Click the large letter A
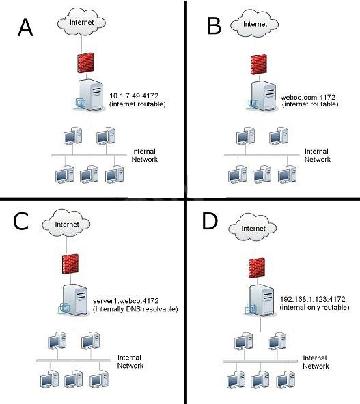pyautogui.click(x=25, y=27)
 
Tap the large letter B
pyautogui.click(x=214, y=26)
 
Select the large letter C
pyautogui.click(x=21, y=221)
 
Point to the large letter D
pyautogui.click(x=210, y=221)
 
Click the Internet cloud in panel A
pyautogui.click(x=81, y=22)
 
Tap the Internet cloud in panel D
pyautogui.click(x=253, y=228)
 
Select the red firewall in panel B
pyautogui.click(x=259, y=64)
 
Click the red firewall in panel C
pyautogui.click(x=70, y=264)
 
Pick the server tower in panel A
pyautogui.click(x=89, y=96)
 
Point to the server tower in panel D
pyautogui.click(x=260, y=300)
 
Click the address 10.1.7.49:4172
pyautogui.click(x=134, y=96)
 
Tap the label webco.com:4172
pyautogui.click(x=308, y=97)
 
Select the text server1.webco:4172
pyautogui.click(x=126, y=301)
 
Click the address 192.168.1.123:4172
pyautogui.click(x=313, y=299)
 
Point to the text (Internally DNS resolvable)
pyautogui.click(x=135, y=309)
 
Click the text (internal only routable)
pyautogui.click(x=315, y=307)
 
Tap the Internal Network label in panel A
pyautogui.click(x=144, y=155)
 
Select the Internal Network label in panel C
pyautogui.click(x=130, y=362)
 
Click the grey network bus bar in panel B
pyautogui.click(x=262, y=155)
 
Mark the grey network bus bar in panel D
pyautogui.click(x=260, y=361)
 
